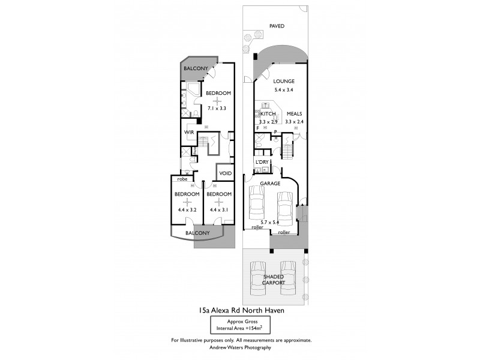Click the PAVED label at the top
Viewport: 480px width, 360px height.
pos(277,26)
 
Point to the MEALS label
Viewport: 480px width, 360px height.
pos(293,113)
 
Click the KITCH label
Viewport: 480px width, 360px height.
pos(268,113)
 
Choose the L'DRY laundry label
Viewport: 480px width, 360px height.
pos(262,163)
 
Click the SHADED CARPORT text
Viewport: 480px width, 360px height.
pos(274,279)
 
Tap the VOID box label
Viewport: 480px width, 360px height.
pos(226,173)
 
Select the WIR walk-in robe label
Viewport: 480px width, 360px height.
pos(188,131)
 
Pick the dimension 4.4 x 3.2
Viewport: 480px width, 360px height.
pos(187,210)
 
